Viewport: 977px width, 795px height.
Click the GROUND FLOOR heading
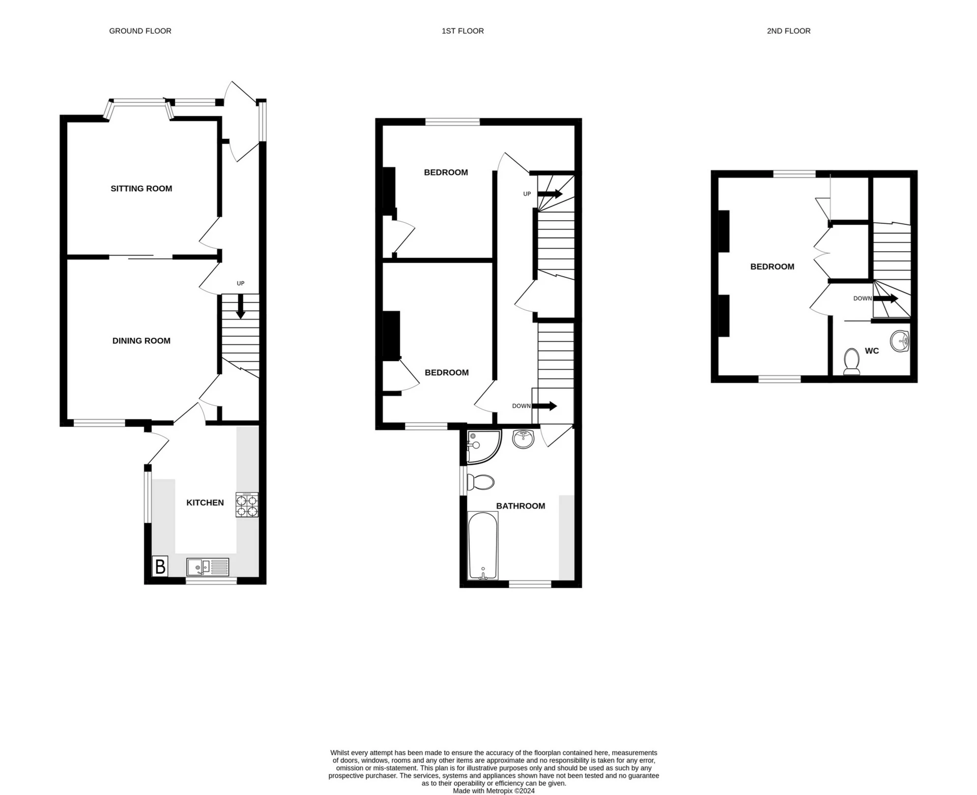[x=140, y=31]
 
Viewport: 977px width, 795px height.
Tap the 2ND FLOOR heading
[x=788, y=31]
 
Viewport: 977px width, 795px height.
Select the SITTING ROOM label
[x=141, y=189]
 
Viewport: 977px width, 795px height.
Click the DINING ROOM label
[x=141, y=341]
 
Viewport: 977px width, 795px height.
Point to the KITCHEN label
[x=205, y=503]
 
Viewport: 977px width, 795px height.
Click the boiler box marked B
[x=160, y=566]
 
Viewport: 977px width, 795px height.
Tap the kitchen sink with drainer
[x=208, y=567]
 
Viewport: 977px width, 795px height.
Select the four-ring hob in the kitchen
[x=247, y=505]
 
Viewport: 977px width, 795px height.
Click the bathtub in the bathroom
[x=482, y=546]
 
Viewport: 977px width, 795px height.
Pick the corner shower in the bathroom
[x=481, y=446]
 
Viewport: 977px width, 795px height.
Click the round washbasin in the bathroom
[x=524, y=438]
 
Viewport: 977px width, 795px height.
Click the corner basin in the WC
[x=901, y=340]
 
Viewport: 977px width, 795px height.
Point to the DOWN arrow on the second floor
[x=885, y=299]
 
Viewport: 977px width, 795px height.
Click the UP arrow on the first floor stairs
[x=550, y=194]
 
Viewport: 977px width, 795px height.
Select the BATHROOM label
[x=521, y=506]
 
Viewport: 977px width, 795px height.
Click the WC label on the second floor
[x=872, y=351]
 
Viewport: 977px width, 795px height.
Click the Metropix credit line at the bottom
[x=494, y=791]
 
